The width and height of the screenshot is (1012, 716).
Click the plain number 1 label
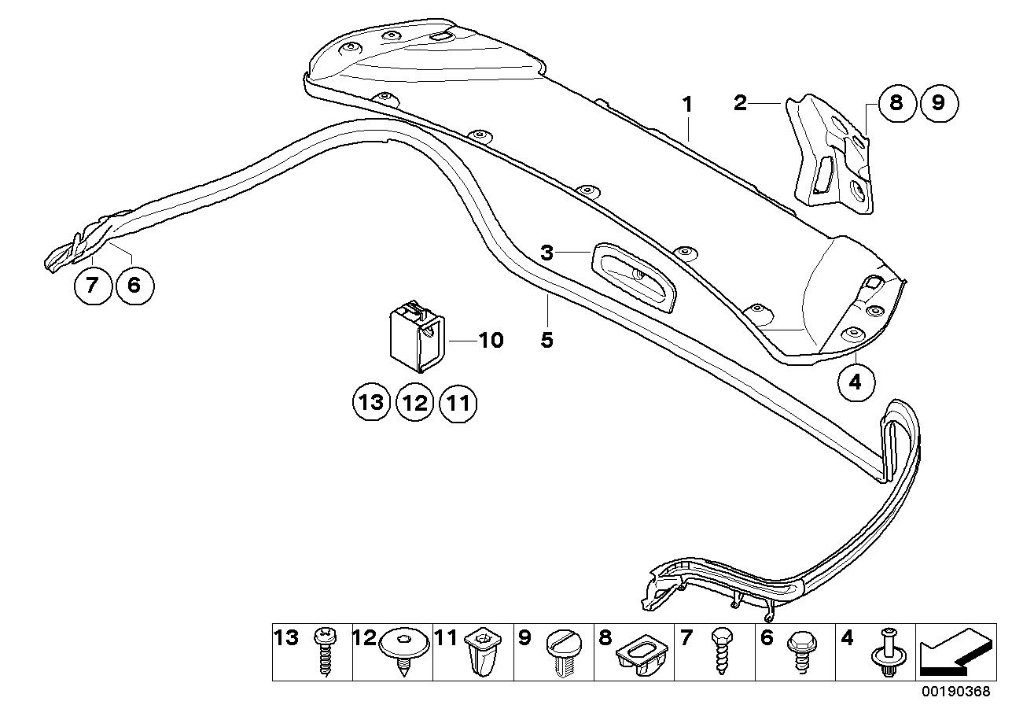click(x=686, y=104)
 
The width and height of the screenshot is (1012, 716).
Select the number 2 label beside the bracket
click(x=740, y=102)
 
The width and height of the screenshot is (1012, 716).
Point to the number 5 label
click(x=547, y=340)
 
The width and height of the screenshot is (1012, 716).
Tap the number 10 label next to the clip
click(x=490, y=340)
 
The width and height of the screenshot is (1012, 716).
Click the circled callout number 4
click(x=856, y=382)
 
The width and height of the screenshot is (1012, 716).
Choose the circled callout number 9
click(x=940, y=103)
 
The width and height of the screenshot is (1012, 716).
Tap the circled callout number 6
click(x=134, y=286)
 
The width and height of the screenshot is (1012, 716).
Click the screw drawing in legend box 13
click(x=324, y=652)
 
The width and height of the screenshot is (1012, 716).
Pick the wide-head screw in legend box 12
click(x=404, y=649)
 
